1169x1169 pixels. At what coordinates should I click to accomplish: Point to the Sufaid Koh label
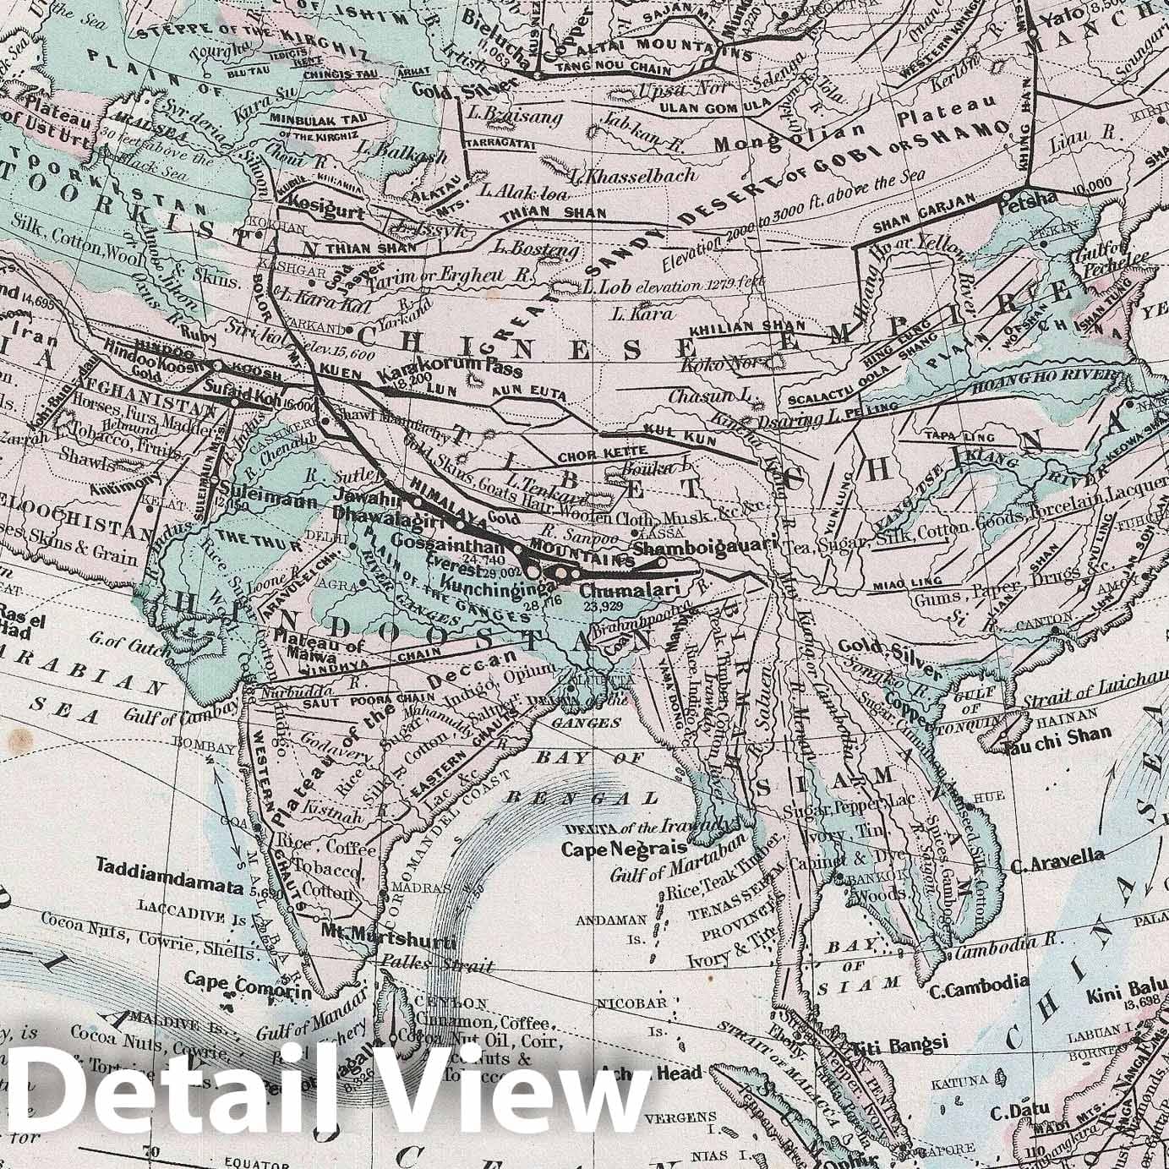tap(235, 389)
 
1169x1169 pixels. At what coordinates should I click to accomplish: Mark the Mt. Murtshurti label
tap(389, 941)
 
